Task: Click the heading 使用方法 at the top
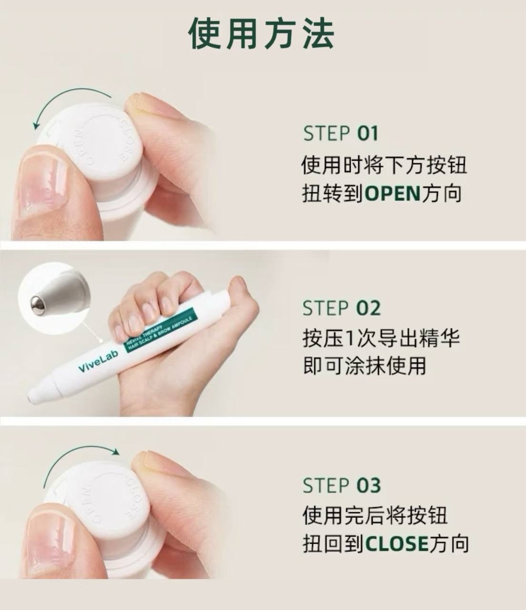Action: (x=262, y=33)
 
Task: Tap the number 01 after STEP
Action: (x=367, y=133)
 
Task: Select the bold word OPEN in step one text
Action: (x=393, y=193)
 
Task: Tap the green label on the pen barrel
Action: (x=160, y=329)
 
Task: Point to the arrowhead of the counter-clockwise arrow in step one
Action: (x=36, y=124)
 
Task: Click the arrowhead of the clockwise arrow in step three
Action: (x=116, y=452)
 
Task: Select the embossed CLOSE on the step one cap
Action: (x=127, y=139)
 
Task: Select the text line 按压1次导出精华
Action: (x=381, y=338)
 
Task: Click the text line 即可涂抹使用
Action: (x=364, y=366)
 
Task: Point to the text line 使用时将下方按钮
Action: (x=384, y=165)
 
